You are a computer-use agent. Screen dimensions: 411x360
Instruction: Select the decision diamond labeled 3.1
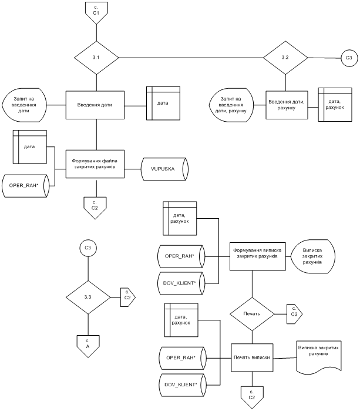(x=96, y=58)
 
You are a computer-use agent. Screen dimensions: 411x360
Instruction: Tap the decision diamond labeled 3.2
(x=285, y=58)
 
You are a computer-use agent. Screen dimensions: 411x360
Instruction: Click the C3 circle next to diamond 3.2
(x=348, y=58)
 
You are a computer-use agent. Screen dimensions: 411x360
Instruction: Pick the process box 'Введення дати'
(x=96, y=105)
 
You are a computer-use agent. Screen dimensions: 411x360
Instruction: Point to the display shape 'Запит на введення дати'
(x=25, y=105)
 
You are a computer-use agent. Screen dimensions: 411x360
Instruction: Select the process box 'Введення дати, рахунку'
(x=286, y=105)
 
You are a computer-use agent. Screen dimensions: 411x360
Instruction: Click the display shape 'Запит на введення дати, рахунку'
(x=233, y=105)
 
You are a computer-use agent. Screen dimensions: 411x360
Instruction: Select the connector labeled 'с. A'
(x=88, y=345)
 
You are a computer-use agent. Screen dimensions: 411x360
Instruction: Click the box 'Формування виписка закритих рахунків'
(x=252, y=253)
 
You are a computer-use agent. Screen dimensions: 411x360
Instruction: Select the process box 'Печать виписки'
(x=252, y=357)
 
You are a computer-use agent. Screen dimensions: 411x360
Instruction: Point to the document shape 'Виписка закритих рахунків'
(x=318, y=355)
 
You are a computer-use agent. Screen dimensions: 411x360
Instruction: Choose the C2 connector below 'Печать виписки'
(x=251, y=394)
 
